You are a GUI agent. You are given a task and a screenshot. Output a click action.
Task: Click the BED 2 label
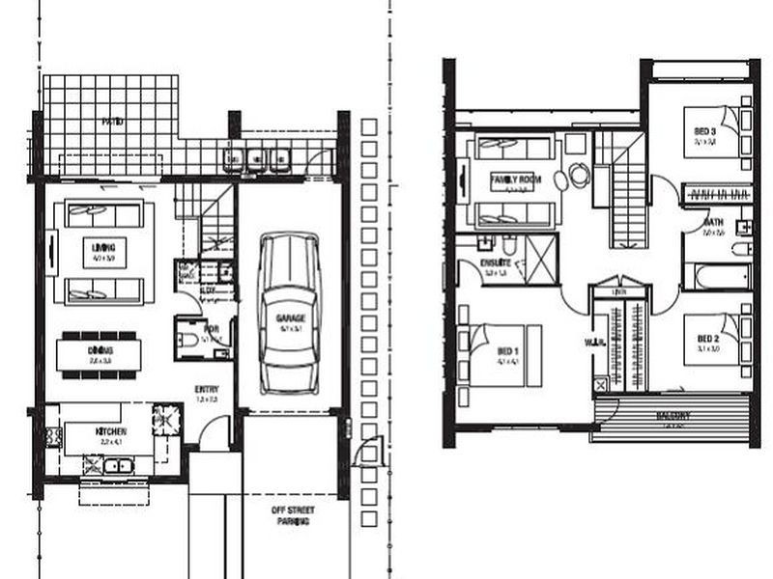coord(707,339)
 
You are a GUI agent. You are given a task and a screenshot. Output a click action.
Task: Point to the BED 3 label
coord(703,131)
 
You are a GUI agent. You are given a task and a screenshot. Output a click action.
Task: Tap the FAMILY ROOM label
coord(514,179)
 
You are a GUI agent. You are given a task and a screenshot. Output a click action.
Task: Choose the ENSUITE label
coord(495,262)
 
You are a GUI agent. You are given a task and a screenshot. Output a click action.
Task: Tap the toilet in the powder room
coord(188,339)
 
